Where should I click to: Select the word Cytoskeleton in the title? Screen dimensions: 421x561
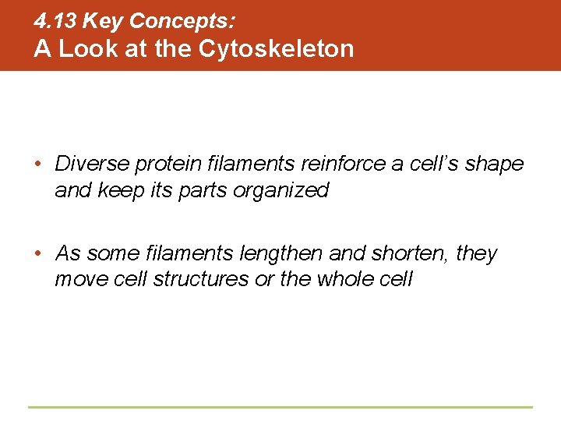tap(277, 48)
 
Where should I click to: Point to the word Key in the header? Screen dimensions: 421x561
tap(106, 21)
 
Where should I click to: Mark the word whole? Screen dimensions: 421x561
tap(345, 279)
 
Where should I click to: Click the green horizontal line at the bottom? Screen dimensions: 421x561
tap(280, 407)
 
